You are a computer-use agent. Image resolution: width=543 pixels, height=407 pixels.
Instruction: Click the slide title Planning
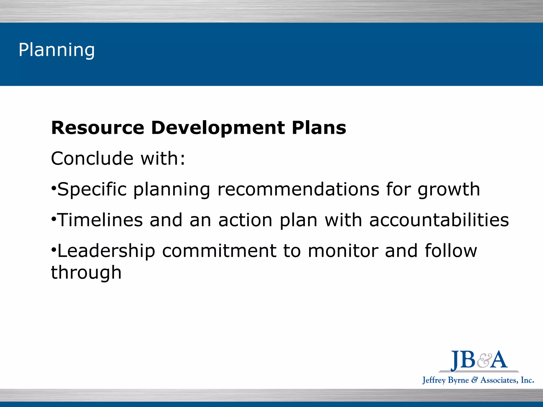pos(56,50)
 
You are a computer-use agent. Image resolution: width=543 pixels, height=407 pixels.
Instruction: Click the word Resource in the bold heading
pos(98,128)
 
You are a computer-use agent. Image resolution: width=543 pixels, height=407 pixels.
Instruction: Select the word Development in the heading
pos(218,128)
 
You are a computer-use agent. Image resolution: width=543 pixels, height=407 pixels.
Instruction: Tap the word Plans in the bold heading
pos(319,128)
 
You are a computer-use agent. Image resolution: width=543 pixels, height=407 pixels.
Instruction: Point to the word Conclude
pos(92,158)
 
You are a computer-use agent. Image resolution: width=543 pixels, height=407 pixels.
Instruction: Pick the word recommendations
pos(298,189)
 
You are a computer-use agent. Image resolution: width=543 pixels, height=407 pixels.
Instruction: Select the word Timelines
pos(100,220)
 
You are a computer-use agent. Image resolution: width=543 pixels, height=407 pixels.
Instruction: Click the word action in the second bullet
pos(245,220)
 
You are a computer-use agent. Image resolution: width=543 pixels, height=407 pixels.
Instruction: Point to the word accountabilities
pos(439,220)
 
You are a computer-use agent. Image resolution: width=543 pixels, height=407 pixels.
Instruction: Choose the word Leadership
pos(106,251)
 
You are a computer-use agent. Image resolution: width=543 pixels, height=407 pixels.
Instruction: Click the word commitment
pos(219,251)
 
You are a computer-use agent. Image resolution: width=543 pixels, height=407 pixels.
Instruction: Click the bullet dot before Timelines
pos(54,219)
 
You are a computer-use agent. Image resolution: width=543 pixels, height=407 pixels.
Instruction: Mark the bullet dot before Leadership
pos(54,250)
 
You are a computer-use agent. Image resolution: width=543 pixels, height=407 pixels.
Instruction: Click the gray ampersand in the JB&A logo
pos(484,361)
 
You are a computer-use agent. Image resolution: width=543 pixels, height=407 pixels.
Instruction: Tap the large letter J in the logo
pos(455,361)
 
